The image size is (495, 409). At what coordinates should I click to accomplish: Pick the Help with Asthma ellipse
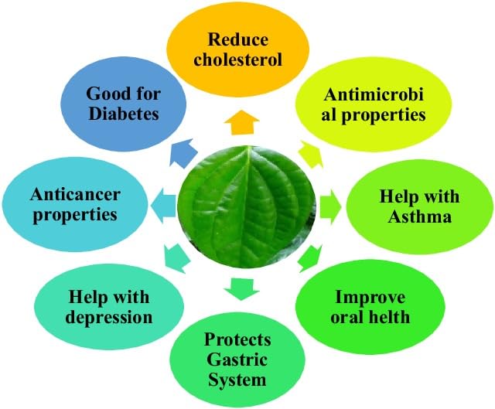421,205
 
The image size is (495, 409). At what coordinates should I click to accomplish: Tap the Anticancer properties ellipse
74,203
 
